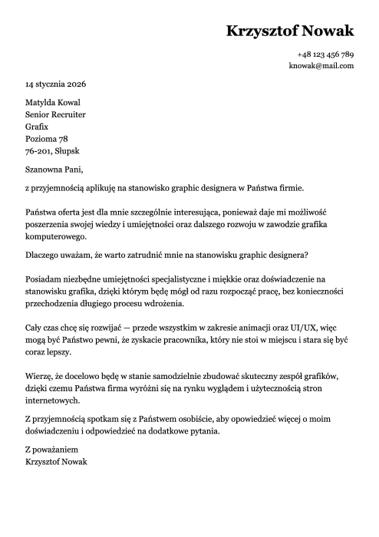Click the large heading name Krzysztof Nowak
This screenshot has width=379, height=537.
click(x=290, y=31)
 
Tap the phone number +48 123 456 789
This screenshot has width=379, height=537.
click(x=325, y=54)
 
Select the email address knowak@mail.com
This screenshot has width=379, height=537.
click(x=321, y=66)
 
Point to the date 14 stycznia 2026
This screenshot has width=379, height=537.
click(x=56, y=84)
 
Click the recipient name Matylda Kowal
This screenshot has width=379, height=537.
click(x=53, y=103)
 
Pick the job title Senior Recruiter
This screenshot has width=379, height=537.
click(x=55, y=114)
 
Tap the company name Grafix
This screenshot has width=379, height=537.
click(x=37, y=127)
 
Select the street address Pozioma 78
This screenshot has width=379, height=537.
click(x=47, y=139)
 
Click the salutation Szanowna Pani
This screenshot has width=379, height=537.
click(x=54, y=170)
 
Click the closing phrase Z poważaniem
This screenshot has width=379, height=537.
click(x=52, y=450)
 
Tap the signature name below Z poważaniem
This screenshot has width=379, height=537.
click(x=56, y=462)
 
